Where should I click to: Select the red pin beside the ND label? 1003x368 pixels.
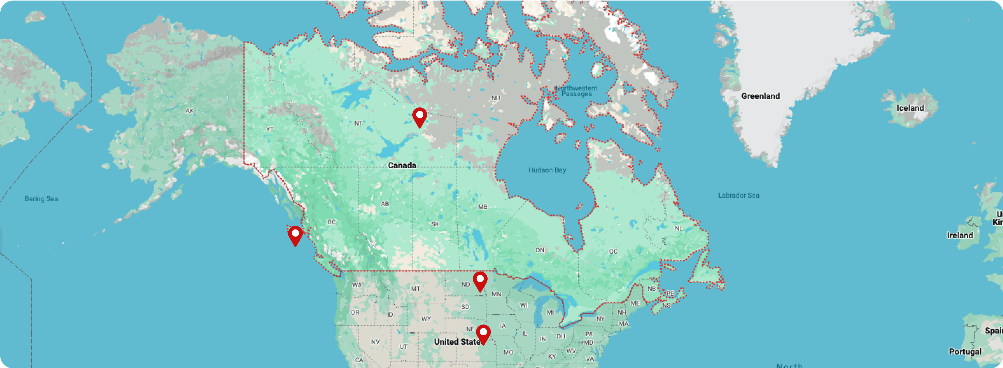pos(480,281)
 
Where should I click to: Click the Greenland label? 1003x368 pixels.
pos(760,96)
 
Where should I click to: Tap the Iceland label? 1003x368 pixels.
pos(910,108)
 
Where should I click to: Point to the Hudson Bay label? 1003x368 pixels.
pos(547,170)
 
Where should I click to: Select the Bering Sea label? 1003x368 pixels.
pos(41,199)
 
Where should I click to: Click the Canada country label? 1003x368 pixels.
pos(402,165)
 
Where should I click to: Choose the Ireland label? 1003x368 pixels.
pos(960,235)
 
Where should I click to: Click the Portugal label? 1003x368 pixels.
pos(965,352)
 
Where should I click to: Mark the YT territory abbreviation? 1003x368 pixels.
pos(270,130)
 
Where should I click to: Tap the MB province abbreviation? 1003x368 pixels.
pos(482,207)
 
